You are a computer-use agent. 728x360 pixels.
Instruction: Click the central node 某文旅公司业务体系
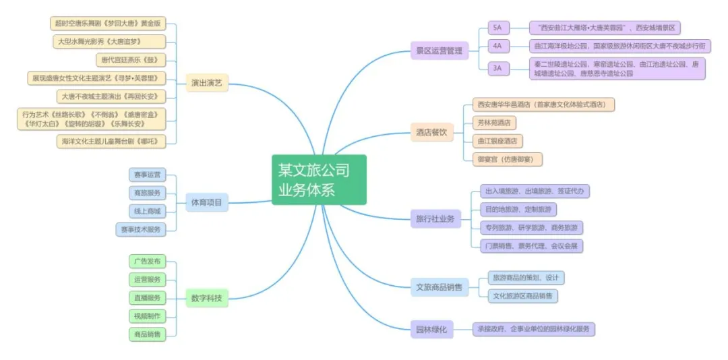(x=319, y=179)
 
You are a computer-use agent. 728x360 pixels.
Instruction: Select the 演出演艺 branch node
(x=206, y=84)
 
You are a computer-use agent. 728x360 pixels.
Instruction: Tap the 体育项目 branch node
(x=207, y=202)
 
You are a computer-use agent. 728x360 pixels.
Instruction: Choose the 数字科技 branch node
(x=206, y=298)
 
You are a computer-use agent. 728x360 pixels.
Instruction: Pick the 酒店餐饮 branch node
(x=430, y=132)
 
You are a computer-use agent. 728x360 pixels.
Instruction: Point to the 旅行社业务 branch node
(x=435, y=218)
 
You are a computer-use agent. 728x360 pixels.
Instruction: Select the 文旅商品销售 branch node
(x=439, y=287)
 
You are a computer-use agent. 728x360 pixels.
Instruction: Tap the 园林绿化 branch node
(x=430, y=330)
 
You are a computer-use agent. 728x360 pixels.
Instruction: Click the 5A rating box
(x=499, y=28)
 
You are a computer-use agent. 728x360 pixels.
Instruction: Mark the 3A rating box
(x=499, y=68)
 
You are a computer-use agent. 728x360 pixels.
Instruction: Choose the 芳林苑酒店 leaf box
(x=494, y=123)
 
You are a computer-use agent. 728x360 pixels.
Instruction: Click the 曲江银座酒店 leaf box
(x=497, y=141)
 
